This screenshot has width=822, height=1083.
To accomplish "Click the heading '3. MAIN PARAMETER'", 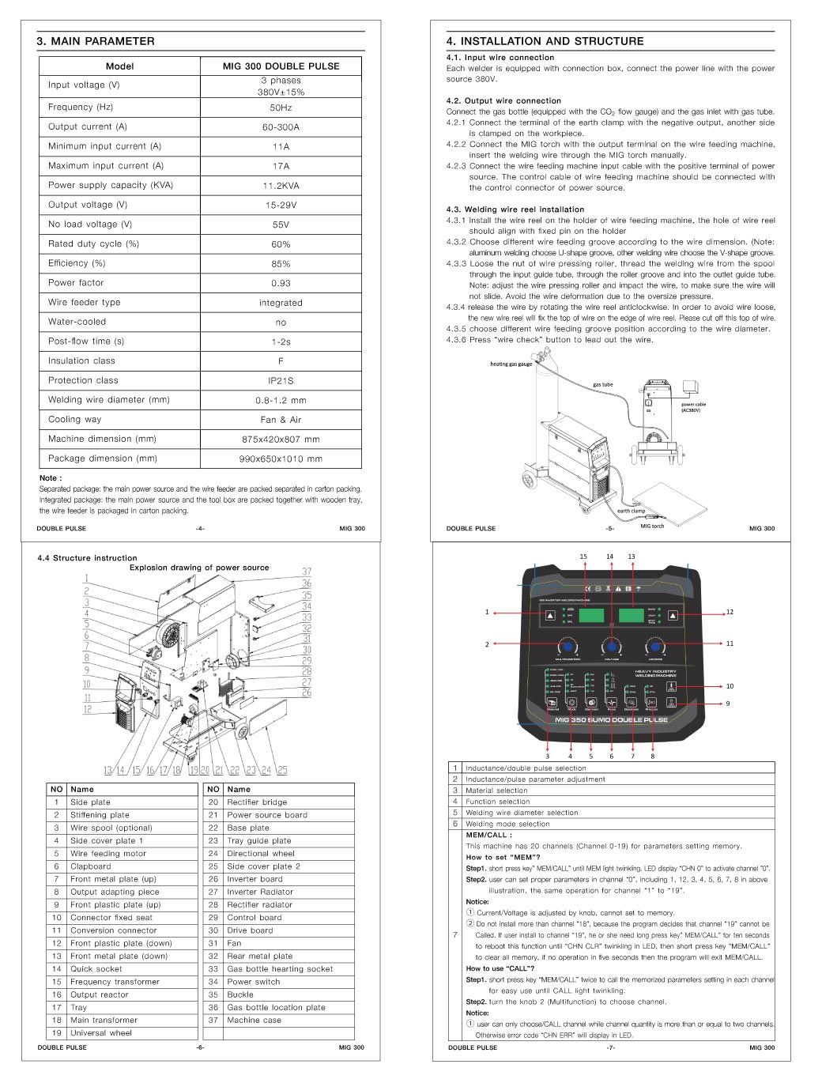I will click(x=96, y=41).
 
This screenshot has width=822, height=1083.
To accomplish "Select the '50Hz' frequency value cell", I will click(x=281, y=108).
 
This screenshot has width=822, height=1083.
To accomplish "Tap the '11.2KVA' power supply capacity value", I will click(x=281, y=186).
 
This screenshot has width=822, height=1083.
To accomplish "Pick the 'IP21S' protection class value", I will click(x=281, y=381).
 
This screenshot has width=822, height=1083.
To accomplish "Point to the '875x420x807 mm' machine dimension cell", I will click(x=281, y=440).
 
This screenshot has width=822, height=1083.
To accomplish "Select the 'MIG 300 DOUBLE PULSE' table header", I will click(x=281, y=66).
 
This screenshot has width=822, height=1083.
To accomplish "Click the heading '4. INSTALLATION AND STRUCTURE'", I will click(x=545, y=41).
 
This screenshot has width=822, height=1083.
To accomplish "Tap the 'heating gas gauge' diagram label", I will click(x=511, y=364).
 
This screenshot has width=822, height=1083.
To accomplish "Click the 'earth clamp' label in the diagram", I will click(x=632, y=511).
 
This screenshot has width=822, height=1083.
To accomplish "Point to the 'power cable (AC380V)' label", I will click(x=694, y=407).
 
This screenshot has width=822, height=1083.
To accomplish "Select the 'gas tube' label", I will click(x=603, y=385).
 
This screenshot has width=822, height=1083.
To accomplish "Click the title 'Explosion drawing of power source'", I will click(x=199, y=568).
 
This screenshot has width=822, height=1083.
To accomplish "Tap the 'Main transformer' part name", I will click(x=104, y=1021).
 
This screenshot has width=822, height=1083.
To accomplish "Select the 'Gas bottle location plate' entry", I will click(x=276, y=1008).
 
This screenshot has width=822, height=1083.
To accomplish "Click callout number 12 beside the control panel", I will click(x=730, y=612).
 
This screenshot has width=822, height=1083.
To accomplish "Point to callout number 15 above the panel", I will click(x=583, y=557).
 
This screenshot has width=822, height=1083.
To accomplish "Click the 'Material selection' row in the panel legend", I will click(x=496, y=791).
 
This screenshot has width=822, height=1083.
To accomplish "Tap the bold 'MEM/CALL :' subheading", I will click(x=488, y=835).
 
